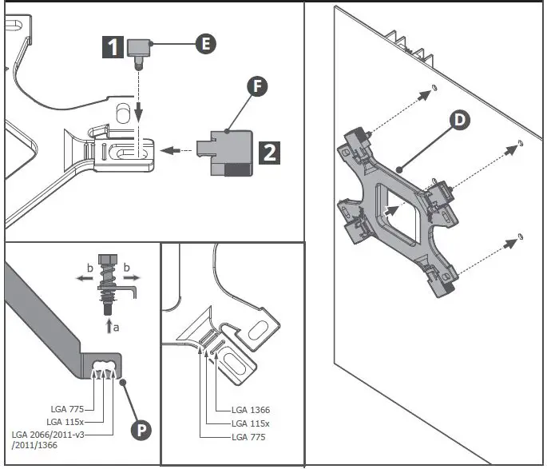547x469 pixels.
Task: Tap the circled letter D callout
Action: pyautogui.click(x=460, y=120)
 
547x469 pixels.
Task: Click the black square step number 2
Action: pyautogui.click(x=270, y=152)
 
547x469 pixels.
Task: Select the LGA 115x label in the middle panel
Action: pyautogui.click(x=250, y=423)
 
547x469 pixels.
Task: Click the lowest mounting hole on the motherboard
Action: pyautogui.click(x=521, y=236)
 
